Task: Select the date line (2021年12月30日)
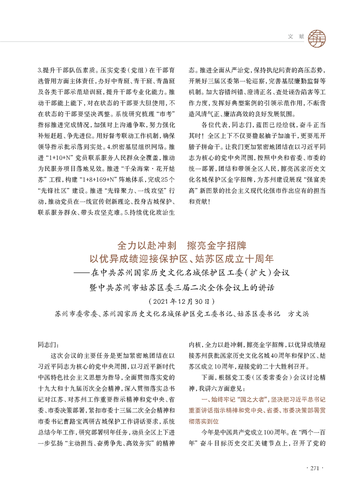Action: click(180, 301)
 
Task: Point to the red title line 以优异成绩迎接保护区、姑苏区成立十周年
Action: click(181, 259)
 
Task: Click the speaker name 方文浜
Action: click(296, 313)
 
